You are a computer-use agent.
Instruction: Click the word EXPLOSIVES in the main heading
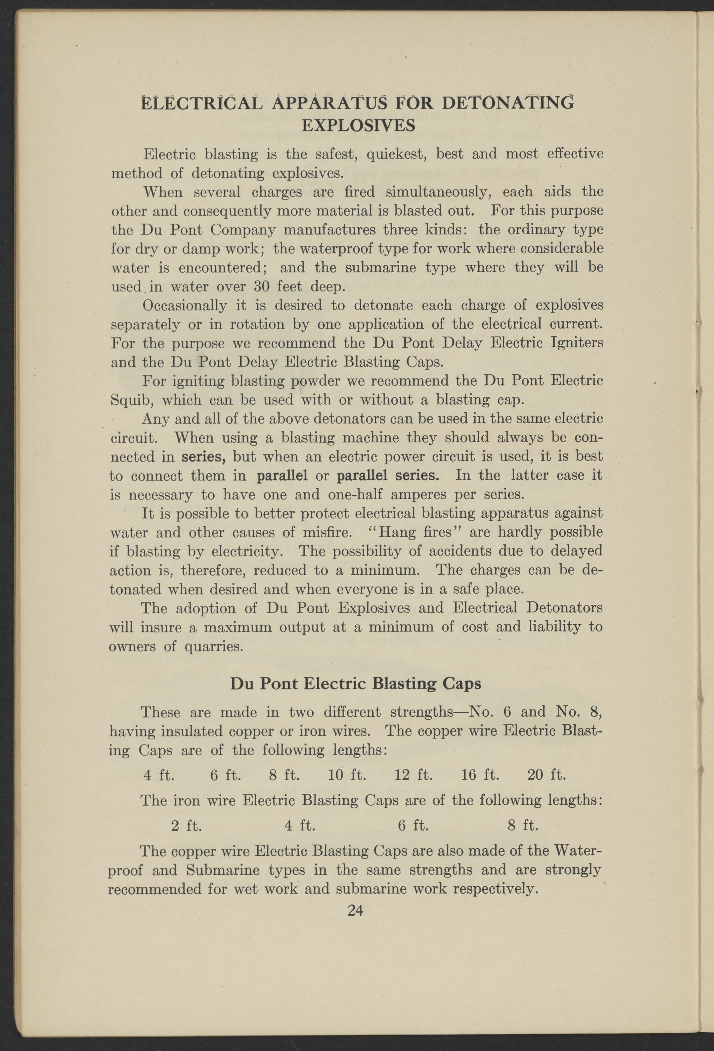tap(358, 125)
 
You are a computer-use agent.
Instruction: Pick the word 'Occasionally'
tap(184, 306)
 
